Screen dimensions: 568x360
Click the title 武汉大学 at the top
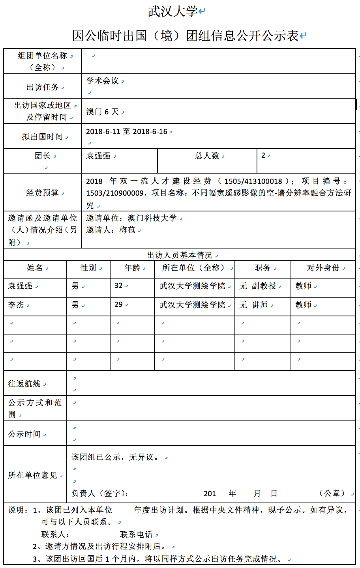point(172,11)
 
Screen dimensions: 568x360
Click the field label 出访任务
point(43,87)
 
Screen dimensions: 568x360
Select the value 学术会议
point(103,81)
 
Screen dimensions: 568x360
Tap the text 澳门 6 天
point(103,112)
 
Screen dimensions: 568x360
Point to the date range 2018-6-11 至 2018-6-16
point(127,131)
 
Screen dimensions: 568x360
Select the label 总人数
point(207,156)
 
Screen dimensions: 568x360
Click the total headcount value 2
point(263,155)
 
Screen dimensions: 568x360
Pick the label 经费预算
point(43,193)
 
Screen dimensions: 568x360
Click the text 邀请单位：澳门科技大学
point(131,218)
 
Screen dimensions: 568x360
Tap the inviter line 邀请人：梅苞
point(111,230)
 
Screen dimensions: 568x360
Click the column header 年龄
point(132,268)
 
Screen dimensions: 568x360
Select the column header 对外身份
point(323,268)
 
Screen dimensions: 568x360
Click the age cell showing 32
point(118,286)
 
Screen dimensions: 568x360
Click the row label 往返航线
point(24,384)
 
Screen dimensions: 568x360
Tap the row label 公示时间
point(24,434)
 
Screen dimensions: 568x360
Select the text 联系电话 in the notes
point(136,534)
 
